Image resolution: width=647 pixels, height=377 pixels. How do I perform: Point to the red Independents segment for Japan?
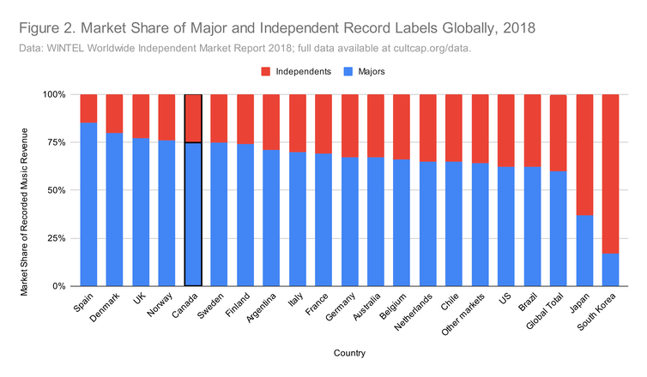point(584,154)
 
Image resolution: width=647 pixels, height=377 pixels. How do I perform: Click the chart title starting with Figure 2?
point(276,28)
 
